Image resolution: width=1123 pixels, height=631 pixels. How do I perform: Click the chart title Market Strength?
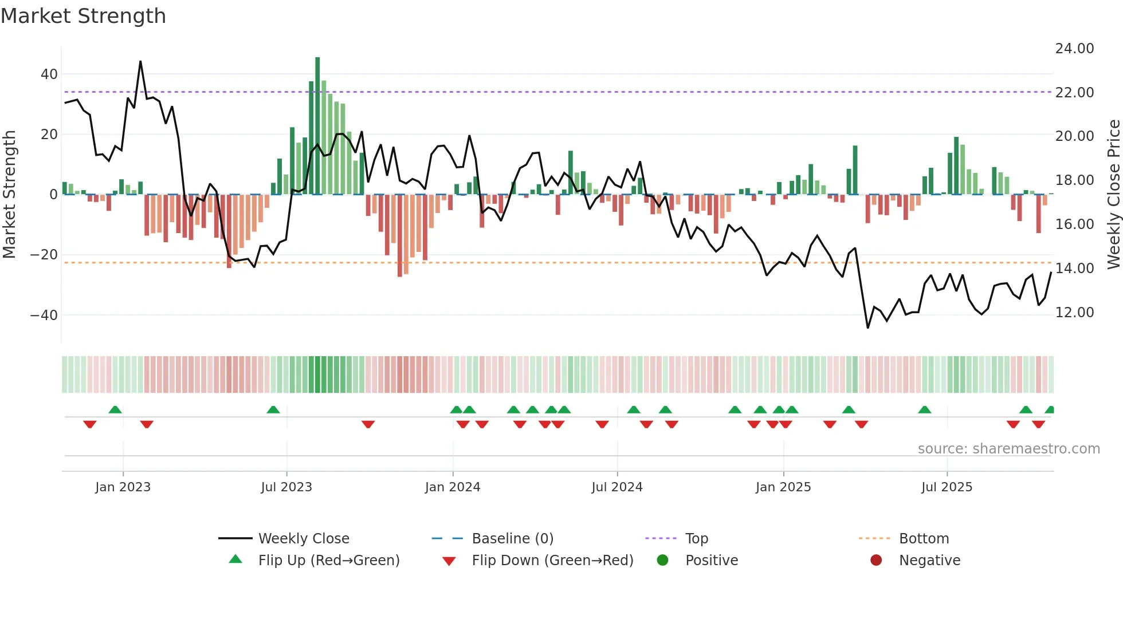tap(83, 16)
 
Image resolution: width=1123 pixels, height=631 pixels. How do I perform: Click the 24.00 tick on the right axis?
tap(1074, 49)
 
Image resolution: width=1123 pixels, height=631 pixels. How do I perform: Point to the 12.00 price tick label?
tap(1074, 313)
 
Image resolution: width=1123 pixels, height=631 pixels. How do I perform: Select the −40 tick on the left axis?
tap(44, 315)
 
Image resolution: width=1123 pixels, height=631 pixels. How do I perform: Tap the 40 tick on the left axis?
tap(49, 74)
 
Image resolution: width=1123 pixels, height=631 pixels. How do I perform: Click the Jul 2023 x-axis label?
tap(286, 487)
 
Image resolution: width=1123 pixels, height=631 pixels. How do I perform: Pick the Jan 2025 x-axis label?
tap(783, 487)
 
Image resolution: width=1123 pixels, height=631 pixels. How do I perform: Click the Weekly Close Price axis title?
tap(1113, 194)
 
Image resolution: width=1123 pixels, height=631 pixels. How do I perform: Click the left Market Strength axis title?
tap(10, 194)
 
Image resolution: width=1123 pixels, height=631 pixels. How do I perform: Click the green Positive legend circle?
tap(663, 561)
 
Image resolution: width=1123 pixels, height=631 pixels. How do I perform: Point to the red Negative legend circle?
tap(876, 561)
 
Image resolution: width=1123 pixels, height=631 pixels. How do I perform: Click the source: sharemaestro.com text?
tap(1008, 449)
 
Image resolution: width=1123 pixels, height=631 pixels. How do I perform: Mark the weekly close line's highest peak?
tap(140, 62)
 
